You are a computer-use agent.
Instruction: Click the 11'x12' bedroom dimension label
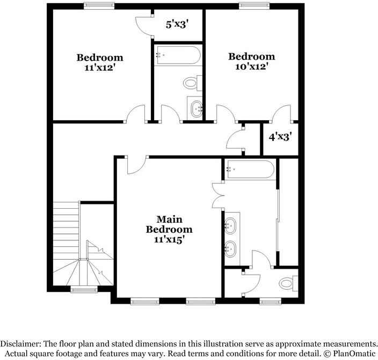click(100, 68)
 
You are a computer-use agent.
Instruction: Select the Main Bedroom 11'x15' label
click(170, 240)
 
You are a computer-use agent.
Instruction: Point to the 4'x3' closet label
click(280, 137)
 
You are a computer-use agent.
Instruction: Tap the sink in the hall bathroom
click(195, 109)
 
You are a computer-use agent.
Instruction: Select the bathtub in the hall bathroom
click(178, 55)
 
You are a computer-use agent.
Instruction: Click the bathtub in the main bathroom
click(250, 170)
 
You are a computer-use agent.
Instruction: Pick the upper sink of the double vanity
click(232, 225)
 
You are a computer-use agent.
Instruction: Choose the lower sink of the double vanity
click(232, 248)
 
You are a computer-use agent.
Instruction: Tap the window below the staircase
click(82, 290)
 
